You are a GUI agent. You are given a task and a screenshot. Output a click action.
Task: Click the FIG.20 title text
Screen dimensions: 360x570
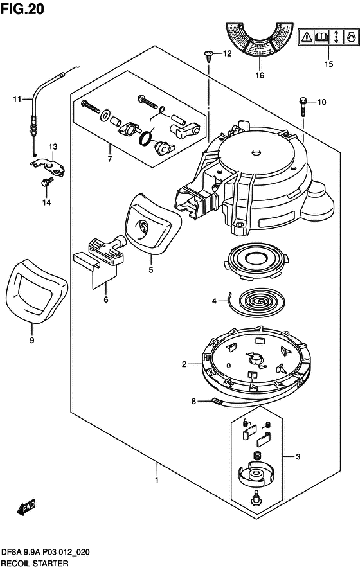(22, 9)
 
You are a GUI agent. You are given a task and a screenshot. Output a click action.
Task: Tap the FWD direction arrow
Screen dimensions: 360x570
(26, 506)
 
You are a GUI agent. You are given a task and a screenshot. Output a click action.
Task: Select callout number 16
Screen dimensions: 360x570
(260, 75)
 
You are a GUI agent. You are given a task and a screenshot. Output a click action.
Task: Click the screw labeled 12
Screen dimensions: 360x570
(209, 57)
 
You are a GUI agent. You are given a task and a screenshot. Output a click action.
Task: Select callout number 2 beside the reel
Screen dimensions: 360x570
(184, 364)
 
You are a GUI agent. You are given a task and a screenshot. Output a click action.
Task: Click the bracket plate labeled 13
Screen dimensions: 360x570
(48, 166)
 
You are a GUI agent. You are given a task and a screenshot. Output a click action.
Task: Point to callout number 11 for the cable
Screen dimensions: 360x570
(17, 98)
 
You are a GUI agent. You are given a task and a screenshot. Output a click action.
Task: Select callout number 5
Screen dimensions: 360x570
(151, 270)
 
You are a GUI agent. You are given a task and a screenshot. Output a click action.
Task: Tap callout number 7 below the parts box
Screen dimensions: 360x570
(109, 159)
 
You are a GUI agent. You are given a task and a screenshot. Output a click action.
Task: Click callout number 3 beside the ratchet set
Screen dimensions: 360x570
(298, 457)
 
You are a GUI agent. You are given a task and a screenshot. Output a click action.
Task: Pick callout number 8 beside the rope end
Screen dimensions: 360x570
(194, 402)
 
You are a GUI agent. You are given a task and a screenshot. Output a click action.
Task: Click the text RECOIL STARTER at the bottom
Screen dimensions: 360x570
(35, 564)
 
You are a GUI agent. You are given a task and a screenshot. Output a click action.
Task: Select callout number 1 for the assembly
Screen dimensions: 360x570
(157, 480)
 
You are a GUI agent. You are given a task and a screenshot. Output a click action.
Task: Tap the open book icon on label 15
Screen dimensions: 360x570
(321, 37)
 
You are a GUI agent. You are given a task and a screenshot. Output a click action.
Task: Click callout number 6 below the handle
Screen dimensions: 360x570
(106, 299)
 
